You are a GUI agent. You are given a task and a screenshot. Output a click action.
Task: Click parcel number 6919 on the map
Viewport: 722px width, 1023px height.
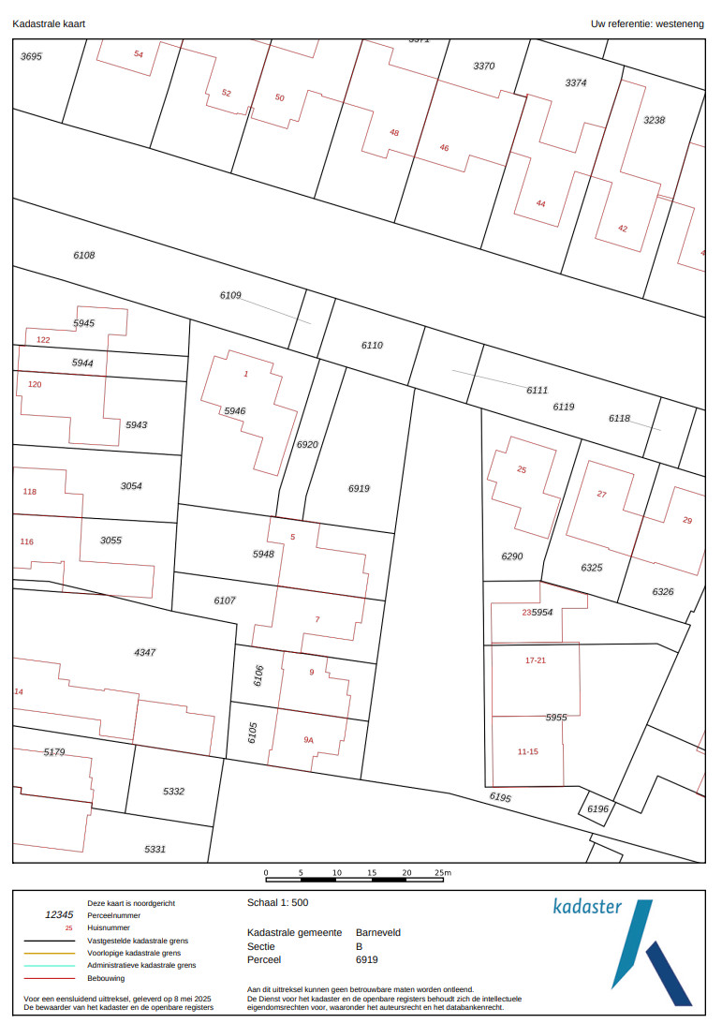(x=359, y=489)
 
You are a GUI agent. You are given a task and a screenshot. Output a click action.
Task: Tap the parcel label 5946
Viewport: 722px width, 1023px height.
(x=234, y=411)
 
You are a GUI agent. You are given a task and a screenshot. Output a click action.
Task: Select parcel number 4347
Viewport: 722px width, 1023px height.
(x=145, y=651)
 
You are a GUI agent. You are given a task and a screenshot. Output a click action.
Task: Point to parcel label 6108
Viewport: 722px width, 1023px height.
(x=84, y=255)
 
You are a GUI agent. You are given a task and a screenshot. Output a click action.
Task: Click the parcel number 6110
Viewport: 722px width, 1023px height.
(x=372, y=346)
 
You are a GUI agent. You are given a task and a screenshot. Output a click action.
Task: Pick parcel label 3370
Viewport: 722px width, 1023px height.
(x=484, y=67)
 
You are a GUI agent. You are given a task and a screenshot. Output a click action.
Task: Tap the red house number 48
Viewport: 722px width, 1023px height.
(x=394, y=133)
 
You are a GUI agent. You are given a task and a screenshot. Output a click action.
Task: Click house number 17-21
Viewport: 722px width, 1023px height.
(x=535, y=660)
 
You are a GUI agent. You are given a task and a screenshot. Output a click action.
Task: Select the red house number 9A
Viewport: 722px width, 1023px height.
(x=309, y=740)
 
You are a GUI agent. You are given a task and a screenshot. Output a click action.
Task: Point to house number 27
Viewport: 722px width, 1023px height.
(x=601, y=495)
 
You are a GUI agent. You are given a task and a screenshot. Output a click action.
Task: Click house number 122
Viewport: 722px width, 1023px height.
(x=43, y=340)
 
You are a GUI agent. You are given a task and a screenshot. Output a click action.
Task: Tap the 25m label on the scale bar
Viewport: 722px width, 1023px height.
(x=443, y=872)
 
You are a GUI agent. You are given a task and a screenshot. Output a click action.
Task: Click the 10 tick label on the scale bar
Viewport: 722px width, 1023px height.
(x=337, y=872)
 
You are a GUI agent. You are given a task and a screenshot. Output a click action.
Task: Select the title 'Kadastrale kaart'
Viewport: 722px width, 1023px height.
(x=49, y=22)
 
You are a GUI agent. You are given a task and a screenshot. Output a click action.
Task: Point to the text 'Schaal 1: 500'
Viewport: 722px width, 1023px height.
(x=277, y=903)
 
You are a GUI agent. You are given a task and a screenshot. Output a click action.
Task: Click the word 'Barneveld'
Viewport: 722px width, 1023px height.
(x=378, y=933)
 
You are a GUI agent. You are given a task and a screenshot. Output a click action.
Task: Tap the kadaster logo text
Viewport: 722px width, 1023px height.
(x=587, y=907)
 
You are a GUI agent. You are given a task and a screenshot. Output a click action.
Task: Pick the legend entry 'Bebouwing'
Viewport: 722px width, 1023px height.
(x=107, y=977)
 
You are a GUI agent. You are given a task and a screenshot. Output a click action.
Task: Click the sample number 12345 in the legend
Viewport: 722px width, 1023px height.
(x=59, y=915)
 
